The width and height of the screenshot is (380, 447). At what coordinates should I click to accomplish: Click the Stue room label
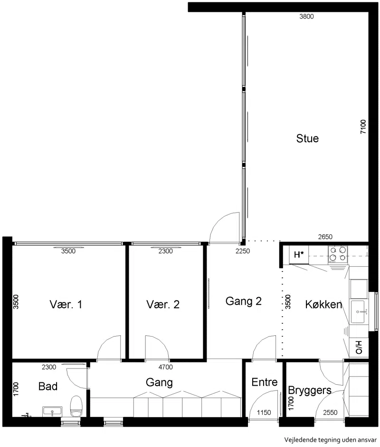point(307,138)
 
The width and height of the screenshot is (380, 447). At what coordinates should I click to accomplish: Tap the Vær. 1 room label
point(66,304)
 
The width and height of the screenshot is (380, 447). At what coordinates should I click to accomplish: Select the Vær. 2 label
point(163,304)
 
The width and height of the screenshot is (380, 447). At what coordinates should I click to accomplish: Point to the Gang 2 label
point(244,301)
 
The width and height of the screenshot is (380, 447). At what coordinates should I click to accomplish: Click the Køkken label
point(323,304)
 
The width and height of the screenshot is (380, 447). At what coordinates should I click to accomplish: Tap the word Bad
point(48,387)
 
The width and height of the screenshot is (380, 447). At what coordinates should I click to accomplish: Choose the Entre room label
point(265,382)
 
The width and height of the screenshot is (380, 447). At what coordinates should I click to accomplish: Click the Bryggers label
point(310,390)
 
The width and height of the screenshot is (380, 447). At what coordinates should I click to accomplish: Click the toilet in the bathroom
point(76,406)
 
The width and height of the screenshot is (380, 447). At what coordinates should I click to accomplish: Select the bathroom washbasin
point(52,412)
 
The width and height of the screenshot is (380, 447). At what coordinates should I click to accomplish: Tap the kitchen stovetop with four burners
point(338,254)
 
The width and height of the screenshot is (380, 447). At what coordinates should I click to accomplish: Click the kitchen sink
point(358,312)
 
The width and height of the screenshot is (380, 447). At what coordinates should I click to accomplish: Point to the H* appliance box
point(298,254)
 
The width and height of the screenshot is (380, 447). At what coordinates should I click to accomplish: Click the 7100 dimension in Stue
point(363,127)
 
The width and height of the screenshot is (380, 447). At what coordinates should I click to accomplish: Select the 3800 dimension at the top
point(306,17)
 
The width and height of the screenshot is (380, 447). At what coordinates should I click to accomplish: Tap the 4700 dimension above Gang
point(165,367)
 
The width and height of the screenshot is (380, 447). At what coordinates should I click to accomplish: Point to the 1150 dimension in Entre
point(264,412)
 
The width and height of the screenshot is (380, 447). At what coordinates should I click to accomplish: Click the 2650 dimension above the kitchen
point(325,237)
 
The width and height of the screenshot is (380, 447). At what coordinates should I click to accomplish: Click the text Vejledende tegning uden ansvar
point(331,440)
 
